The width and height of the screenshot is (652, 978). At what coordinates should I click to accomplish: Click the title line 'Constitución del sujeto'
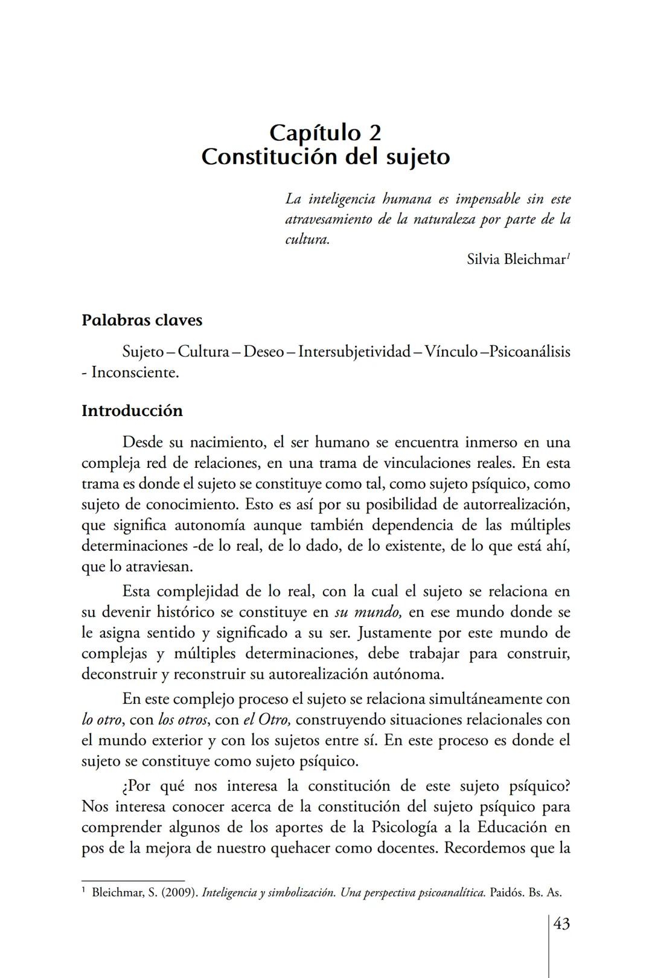(x=325, y=157)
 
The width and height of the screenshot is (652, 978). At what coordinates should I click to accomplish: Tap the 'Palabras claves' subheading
(x=142, y=320)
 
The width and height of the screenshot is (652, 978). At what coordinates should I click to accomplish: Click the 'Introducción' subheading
(x=132, y=411)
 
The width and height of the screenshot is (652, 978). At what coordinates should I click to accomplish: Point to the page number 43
(x=561, y=924)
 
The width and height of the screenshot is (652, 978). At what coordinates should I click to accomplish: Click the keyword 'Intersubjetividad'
(x=354, y=351)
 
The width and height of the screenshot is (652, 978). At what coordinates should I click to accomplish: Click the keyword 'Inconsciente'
(x=135, y=372)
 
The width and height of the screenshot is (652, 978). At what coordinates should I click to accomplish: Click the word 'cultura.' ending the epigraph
(x=307, y=239)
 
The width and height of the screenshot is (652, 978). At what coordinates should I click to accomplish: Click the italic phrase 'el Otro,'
(x=267, y=720)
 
